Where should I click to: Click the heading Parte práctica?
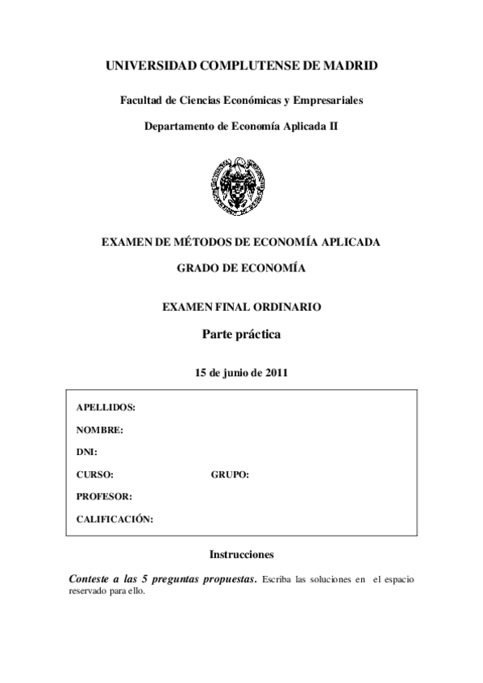(241, 333)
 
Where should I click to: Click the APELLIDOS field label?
(106, 408)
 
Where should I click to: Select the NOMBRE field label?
(100, 430)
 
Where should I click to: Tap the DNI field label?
(86, 453)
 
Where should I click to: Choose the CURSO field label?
(94, 474)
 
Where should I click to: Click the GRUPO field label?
(230, 474)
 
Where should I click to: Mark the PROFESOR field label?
(104, 497)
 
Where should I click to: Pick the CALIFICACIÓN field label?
(115, 519)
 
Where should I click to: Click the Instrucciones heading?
(241, 555)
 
